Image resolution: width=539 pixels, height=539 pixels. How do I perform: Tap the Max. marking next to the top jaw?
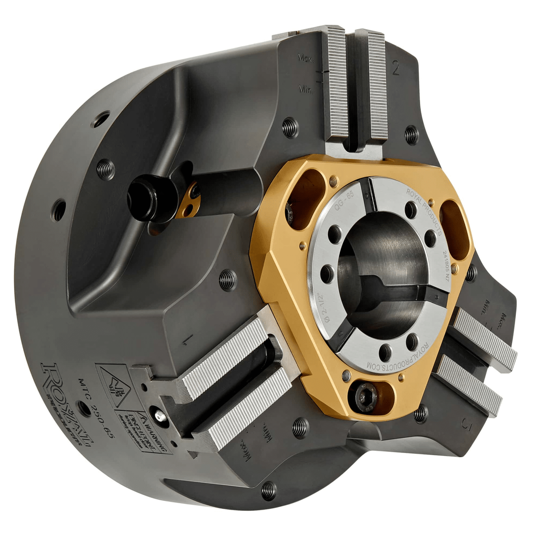(x=306, y=57)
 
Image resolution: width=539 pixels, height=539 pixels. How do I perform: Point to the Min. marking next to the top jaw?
(x=306, y=89)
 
